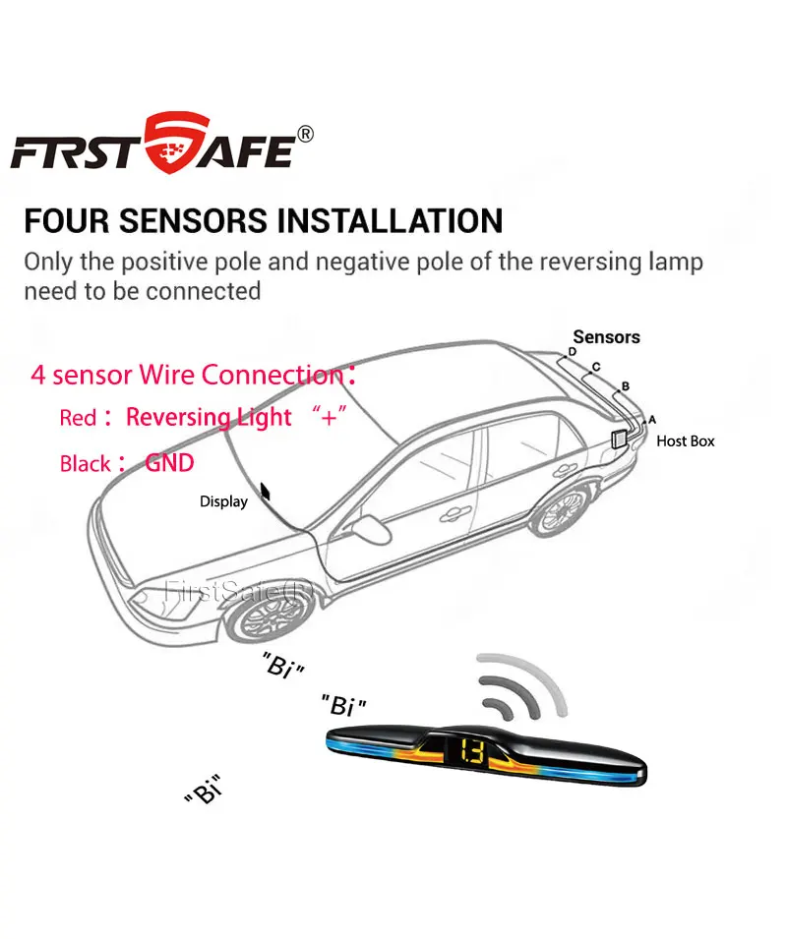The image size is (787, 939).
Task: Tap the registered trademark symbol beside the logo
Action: [305, 135]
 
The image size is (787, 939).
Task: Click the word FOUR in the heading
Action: [66, 220]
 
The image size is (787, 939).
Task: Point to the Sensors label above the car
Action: [606, 337]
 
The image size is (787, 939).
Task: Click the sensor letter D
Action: [572, 352]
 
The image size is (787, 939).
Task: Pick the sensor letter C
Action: [595, 367]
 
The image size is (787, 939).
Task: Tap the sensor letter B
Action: [625, 386]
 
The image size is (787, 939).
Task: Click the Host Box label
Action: [686, 441]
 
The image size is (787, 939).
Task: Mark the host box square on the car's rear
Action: [622, 439]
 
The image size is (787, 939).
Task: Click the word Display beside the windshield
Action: [223, 501]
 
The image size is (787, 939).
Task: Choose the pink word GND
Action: [169, 462]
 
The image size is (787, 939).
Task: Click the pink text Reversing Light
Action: [209, 417]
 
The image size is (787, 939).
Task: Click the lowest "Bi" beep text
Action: [202, 789]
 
